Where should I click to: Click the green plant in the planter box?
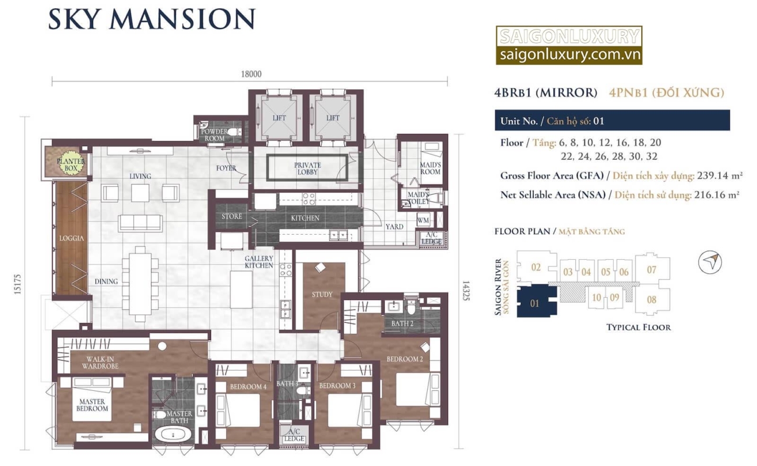[x=71, y=165]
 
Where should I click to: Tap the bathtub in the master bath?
[x=172, y=435]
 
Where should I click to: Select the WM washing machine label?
[x=422, y=221]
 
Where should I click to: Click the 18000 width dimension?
[x=251, y=74]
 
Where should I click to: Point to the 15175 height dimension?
[x=17, y=284]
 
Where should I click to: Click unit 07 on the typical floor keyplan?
[x=652, y=270]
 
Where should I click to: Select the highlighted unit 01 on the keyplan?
[x=534, y=303]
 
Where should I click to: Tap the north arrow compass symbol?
[x=710, y=262]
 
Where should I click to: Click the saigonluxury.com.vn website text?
[x=570, y=55]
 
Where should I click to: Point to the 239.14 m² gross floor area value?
[x=720, y=175]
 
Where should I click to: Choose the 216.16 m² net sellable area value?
[x=717, y=195]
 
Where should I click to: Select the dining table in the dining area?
[x=140, y=284]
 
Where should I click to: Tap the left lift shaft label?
[x=279, y=118]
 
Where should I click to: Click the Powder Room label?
[x=214, y=135]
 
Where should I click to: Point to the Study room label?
[x=322, y=295]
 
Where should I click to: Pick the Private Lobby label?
[x=308, y=168]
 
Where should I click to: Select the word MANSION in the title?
[x=182, y=19]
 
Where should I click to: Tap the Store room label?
[x=232, y=216]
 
